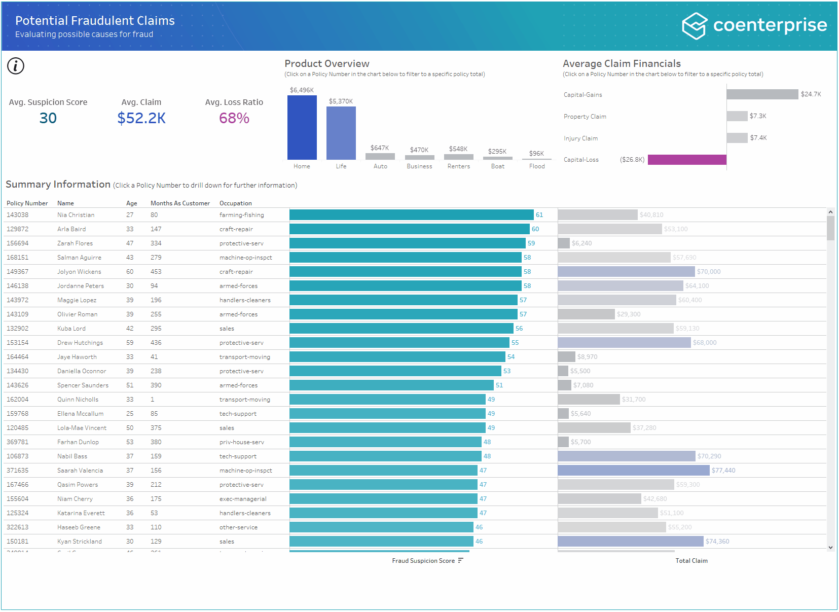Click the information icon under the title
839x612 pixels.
click(x=16, y=66)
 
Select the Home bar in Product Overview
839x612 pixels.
click(x=302, y=127)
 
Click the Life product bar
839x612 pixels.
click(x=341, y=133)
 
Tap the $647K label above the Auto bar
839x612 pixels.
click(x=380, y=148)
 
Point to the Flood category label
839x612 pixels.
click(x=537, y=166)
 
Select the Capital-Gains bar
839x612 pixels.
click(x=761, y=94)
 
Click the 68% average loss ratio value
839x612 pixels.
click(x=234, y=118)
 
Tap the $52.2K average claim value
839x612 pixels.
click(x=141, y=118)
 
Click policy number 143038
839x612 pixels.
click(x=18, y=215)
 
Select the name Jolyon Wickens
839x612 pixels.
click(x=79, y=272)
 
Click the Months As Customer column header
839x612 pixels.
click(x=180, y=203)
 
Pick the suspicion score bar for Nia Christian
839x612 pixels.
click(x=411, y=215)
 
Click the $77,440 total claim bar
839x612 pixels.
click(x=633, y=471)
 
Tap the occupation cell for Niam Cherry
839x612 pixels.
click(x=243, y=499)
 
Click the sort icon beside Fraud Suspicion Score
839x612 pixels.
click(x=460, y=561)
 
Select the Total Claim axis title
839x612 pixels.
click(x=691, y=561)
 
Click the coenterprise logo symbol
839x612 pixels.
click(x=694, y=26)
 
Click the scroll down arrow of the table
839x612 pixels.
click(x=830, y=548)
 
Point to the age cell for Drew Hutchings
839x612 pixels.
click(x=130, y=343)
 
